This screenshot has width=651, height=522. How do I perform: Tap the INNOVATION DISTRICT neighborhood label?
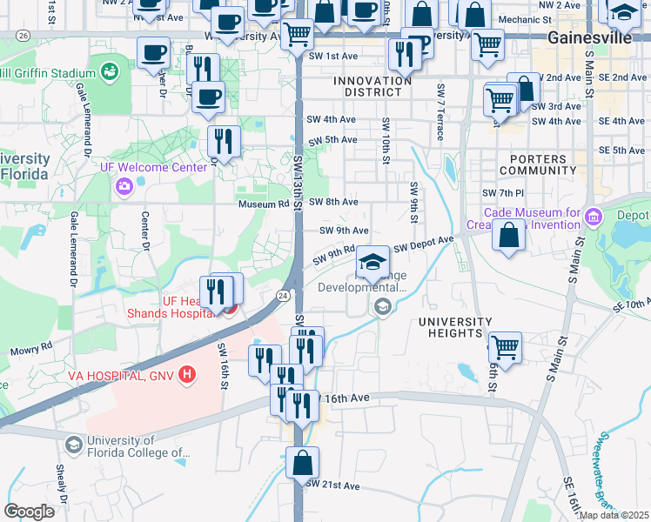372,87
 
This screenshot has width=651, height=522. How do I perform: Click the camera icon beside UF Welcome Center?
124,184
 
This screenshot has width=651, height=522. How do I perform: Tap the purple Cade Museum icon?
594,216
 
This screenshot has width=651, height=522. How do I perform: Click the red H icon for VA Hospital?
185,375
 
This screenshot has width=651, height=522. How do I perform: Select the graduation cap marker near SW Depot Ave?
372,263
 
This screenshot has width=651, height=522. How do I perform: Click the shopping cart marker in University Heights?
505,348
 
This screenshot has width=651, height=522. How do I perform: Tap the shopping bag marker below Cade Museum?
508,235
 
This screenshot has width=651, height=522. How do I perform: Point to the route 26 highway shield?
23,36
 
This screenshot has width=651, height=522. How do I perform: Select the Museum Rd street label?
265,203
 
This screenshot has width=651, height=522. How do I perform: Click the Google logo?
29,511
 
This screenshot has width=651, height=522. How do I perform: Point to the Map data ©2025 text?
614,515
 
